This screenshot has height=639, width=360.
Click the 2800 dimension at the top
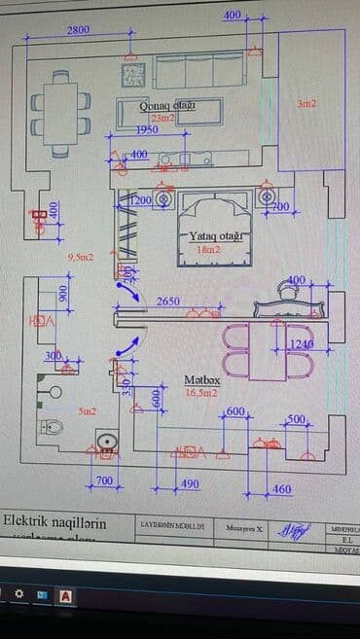[78, 30]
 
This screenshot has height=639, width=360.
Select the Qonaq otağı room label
[168, 105]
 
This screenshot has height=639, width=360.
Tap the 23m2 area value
[163, 118]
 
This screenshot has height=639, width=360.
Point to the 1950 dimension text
[147, 129]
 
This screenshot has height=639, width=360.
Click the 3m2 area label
[306, 103]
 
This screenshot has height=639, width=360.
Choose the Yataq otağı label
[215, 236]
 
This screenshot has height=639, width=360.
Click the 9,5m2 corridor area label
[81, 258]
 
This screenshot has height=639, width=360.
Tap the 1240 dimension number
[302, 345]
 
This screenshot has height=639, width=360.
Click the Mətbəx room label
[202, 380]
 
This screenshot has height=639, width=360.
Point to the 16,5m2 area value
[202, 393]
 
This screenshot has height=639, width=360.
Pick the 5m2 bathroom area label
[87, 411]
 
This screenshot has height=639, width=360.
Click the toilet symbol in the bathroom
[52, 425]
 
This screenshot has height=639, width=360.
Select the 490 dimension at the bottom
[190, 483]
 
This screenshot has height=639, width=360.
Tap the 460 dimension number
[282, 488]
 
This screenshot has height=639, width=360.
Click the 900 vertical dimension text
[62, 296]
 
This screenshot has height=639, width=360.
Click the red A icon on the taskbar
[67, 593]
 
